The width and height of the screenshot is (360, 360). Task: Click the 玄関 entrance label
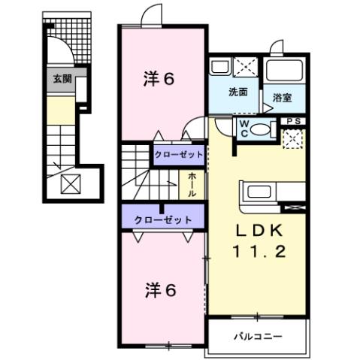62,78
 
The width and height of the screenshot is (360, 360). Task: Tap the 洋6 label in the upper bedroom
159,77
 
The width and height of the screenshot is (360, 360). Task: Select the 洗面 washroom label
238,93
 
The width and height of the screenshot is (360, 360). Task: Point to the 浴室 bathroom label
283,98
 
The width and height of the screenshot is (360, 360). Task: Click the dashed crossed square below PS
292,138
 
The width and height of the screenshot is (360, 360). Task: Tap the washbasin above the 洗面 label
221,67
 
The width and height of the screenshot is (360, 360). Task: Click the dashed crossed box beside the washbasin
245,67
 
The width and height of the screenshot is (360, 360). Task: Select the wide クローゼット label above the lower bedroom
163,219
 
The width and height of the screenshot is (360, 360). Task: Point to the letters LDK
257,231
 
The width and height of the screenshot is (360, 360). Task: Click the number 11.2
258,253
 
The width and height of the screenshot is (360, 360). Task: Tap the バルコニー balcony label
257,334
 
